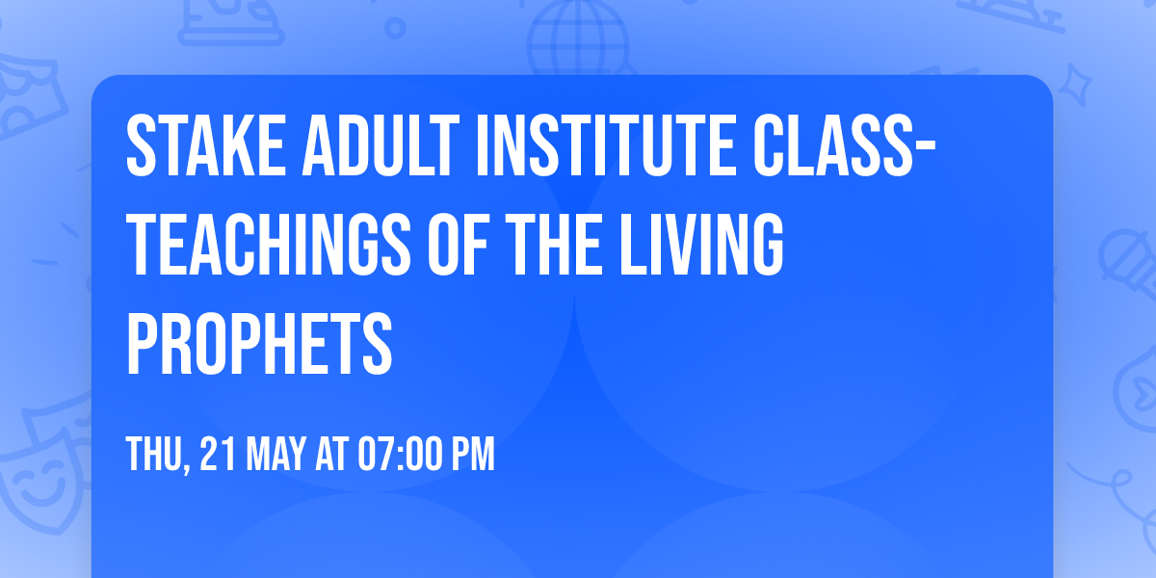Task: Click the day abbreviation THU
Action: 156,454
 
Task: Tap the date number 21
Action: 216,454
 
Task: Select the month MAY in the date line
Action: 275,454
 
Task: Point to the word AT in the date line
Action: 331,454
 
